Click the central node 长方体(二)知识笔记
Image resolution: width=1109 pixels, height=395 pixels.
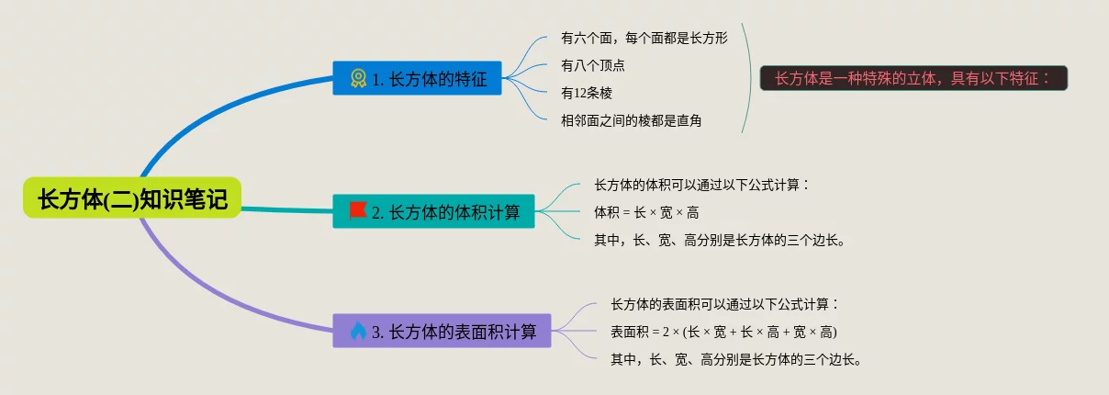pos(132,197)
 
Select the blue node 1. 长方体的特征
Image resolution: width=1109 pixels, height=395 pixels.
pos(417,78)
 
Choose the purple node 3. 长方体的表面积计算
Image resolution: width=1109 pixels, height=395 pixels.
pos(442,331)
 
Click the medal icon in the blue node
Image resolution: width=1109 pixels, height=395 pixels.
pos(358,79)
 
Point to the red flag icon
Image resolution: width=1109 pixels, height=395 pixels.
pos(357,211)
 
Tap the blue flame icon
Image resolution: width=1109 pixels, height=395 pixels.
pos(358,331)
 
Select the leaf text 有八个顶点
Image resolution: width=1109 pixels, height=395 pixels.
pos(593,66)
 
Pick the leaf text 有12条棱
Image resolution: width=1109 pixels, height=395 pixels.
pos(587,93)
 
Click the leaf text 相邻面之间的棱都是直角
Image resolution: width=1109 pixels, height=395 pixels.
pos(631,120)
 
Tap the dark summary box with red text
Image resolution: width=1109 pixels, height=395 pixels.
pos(913,78)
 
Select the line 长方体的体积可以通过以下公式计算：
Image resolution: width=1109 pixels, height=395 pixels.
pos(701,186)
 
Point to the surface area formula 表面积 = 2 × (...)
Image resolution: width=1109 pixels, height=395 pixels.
pos(723,332)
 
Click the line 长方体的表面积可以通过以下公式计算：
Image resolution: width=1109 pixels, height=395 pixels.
pos(725,304)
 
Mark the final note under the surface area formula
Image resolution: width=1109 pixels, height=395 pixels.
pos(735,359)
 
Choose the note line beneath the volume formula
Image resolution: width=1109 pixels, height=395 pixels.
pos(720,241)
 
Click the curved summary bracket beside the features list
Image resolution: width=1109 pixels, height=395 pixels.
pos(750,78)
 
